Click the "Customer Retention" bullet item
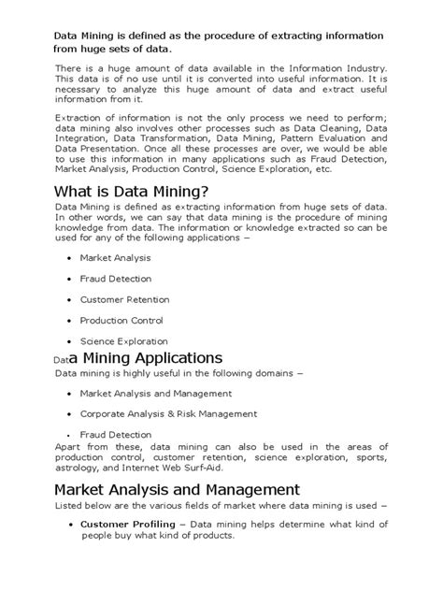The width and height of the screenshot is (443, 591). [124, 299]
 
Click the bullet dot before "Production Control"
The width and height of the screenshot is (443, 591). [71, 321]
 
